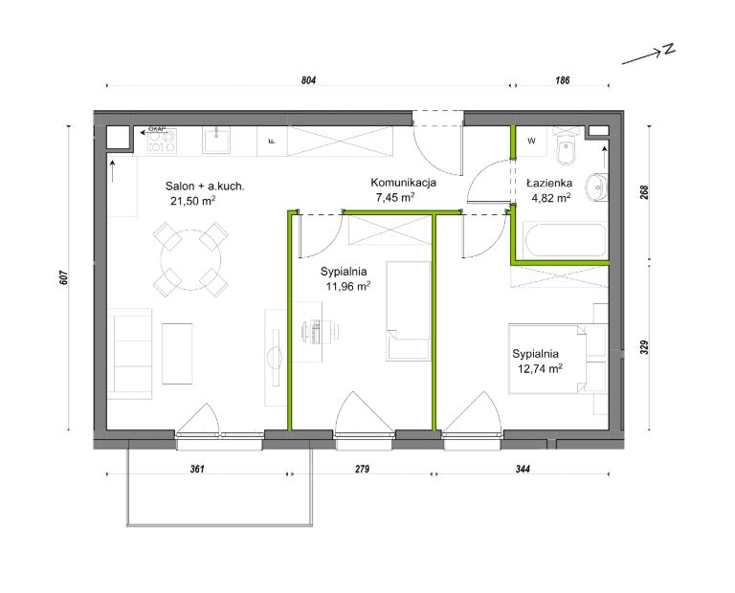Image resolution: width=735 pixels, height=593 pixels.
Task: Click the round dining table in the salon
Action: [x=190, y=260]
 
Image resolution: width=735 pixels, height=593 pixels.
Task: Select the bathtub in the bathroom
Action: [x=566, y=240]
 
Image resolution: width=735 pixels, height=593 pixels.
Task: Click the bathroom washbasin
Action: [x=596, y=187]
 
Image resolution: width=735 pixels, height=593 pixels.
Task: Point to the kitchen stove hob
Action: [x=162, y=141]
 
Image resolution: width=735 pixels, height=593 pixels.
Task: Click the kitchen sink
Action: [x=216, y=141]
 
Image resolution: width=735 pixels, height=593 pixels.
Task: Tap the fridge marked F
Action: [x=272, y=141]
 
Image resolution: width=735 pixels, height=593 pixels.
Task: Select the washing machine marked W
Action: [x=531, y=141]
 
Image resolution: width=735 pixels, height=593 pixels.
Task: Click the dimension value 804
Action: [x=308, y=80]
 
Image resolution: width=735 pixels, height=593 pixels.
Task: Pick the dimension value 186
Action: [x=562, y=80]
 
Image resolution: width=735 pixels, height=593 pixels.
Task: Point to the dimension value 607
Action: [x=65, y=277]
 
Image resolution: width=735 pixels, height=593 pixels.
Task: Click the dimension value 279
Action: [x=362, y=469]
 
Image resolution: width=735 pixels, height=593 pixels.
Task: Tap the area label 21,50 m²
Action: [x=193, y=201]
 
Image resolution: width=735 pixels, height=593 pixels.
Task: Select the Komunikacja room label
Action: [x=404, y=183]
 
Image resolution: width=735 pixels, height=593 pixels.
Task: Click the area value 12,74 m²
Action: [x=540, y=368]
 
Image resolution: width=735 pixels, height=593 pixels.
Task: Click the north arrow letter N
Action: [x=668, y=49]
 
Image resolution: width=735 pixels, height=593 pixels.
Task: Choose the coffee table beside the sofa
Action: [x=177, y=354]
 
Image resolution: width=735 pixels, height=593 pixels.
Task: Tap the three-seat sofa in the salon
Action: [x=130, y=354]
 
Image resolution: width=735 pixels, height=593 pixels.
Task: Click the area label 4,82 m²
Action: [x=551, y=198]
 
